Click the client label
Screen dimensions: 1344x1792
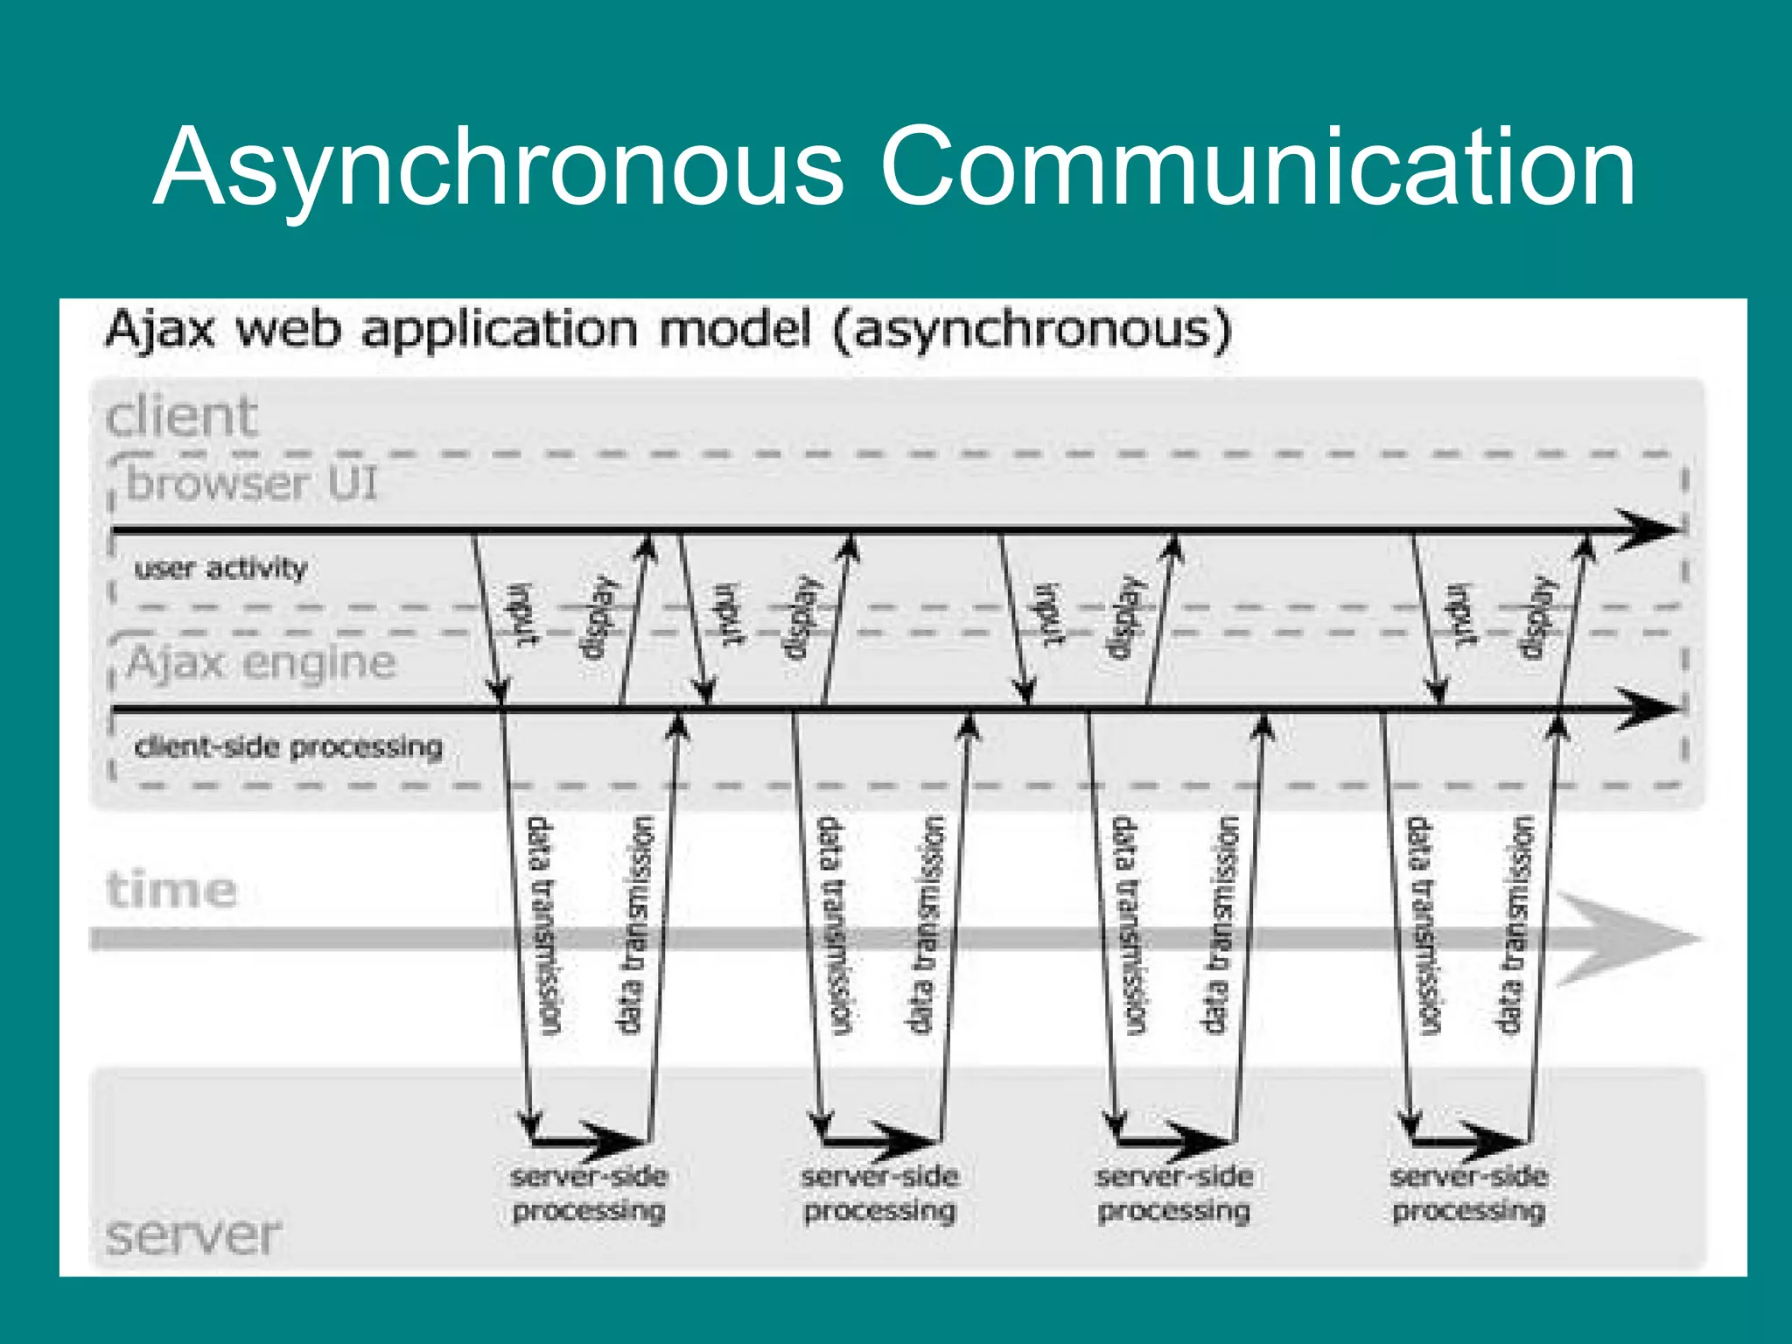(181, 416)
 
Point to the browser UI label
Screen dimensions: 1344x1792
(252, 483)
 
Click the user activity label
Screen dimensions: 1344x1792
(220, 569)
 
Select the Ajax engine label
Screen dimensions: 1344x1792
(261, 662)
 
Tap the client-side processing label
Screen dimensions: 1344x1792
(289, 747)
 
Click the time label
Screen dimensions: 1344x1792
(171, 891)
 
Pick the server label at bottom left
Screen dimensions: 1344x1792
(193, 1235)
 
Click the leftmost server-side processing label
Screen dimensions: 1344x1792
(589, 1193)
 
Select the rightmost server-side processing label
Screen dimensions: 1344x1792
(1468, 1193)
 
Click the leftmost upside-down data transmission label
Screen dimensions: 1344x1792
(543, 926)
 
